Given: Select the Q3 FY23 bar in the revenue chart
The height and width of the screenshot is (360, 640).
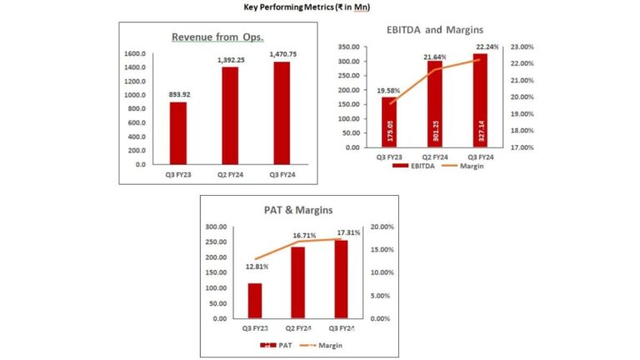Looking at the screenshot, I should pos(178,132).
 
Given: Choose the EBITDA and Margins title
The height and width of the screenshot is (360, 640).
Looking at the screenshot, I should pos(434,29).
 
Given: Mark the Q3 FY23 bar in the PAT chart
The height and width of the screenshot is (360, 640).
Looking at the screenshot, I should pos(254,301).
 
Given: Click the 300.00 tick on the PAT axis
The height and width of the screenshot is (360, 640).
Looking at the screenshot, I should pos(217,227).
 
